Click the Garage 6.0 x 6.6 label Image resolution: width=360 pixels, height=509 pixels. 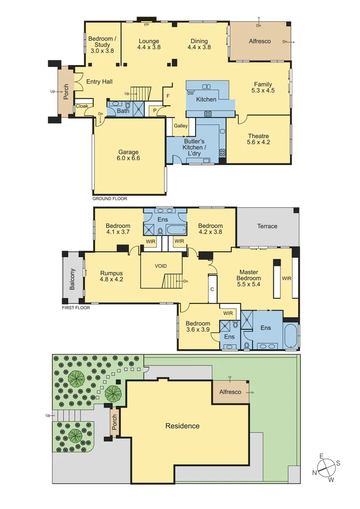point(128,155)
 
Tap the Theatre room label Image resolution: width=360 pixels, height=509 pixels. point(258,139)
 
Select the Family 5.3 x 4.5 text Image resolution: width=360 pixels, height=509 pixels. point(263,87)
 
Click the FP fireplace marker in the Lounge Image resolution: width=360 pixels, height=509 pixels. point(147,25)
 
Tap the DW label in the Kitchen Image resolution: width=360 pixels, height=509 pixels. point(191,93)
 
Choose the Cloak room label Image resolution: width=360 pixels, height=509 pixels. point(82,106)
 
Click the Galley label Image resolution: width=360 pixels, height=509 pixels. point(180,126)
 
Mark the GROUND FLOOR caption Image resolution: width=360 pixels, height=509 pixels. point(110,199)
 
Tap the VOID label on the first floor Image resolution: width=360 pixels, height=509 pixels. point(161,266)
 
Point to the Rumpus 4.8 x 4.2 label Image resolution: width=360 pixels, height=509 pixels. point(111,276)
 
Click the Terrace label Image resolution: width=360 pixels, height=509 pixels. point(267,226)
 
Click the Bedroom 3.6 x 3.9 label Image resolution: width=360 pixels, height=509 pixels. point(197,327)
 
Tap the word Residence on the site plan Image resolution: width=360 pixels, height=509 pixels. point(182,426)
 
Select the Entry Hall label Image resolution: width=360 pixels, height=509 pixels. point(99,82)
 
